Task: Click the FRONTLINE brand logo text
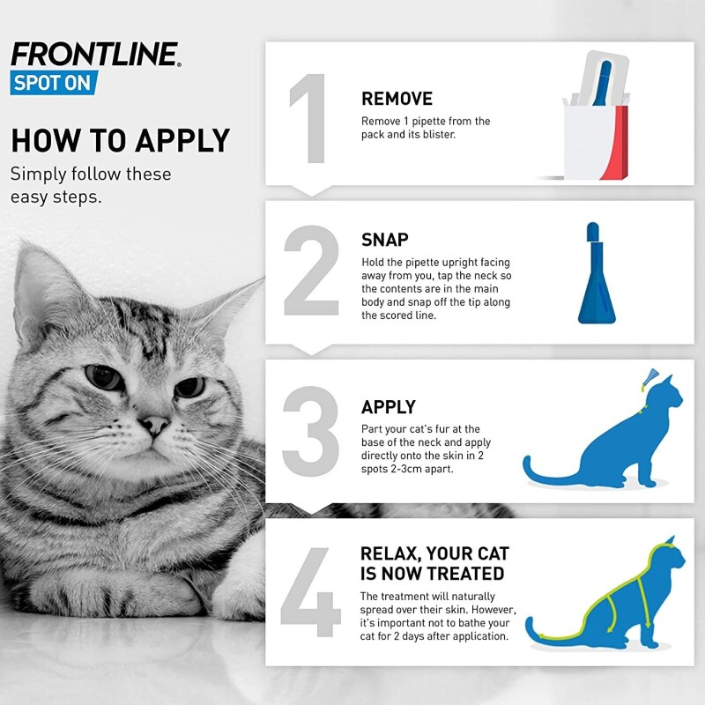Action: (x=95, y=55)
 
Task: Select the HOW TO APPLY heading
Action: (x=121, y=140)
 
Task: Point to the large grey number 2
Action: (x=311, y=271)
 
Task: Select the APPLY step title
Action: (x=389, y=407)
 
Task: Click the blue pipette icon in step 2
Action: (x=597, y=278)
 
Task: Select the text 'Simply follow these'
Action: (x=91, y=174)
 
